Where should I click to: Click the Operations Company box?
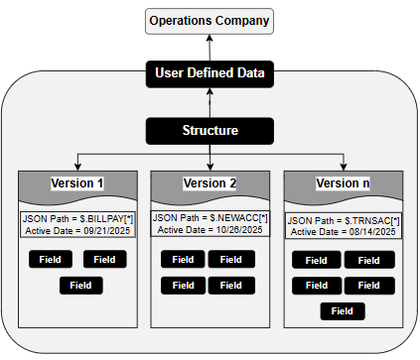210,20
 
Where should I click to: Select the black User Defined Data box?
210,73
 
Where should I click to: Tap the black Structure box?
210,130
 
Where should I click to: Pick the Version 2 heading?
210,183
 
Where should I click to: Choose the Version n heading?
343,183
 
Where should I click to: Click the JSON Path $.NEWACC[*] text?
210,217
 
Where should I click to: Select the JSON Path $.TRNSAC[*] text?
343,219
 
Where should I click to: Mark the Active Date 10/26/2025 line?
210,229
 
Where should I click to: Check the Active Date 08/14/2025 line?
343,231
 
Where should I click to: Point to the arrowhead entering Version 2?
210,167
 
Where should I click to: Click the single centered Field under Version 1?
81,286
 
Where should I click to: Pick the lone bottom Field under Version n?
343,310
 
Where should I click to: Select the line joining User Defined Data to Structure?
210,102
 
